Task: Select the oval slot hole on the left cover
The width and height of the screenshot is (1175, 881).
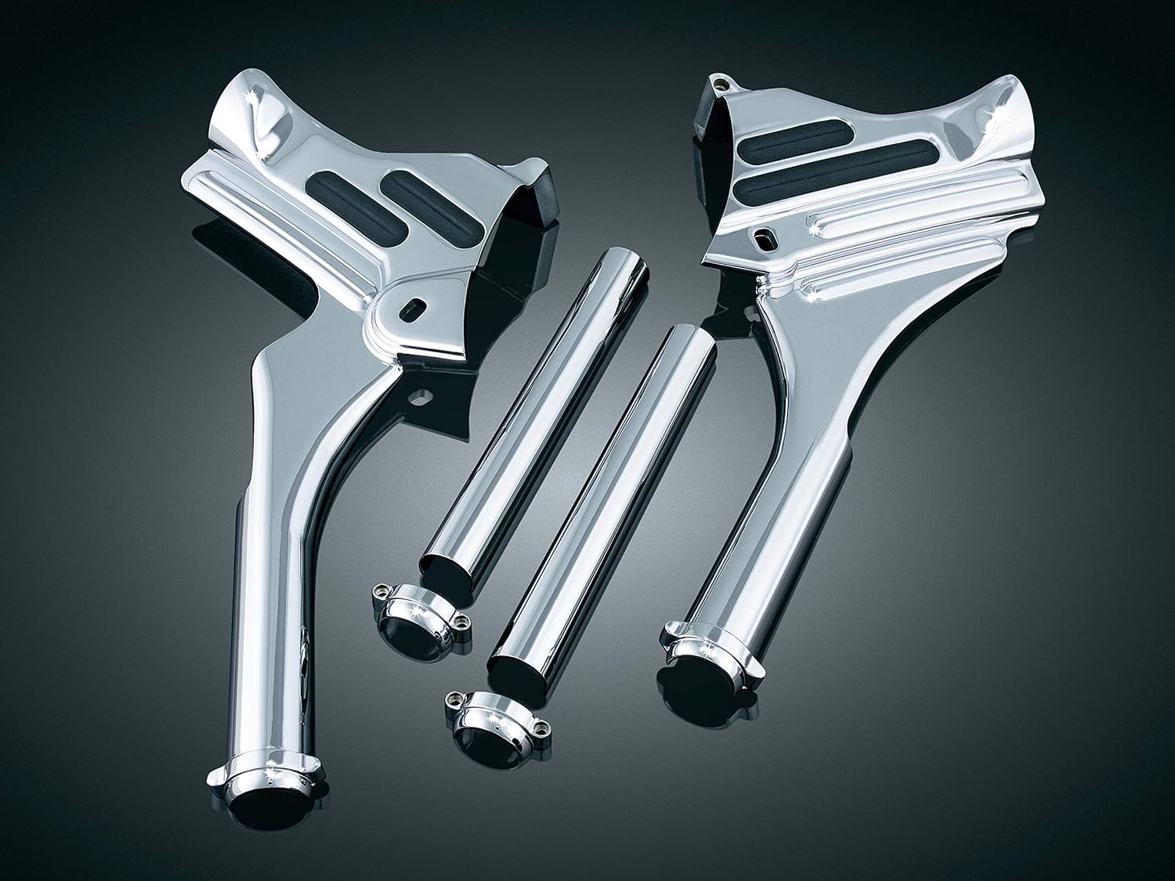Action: click(x=413, y=306)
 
